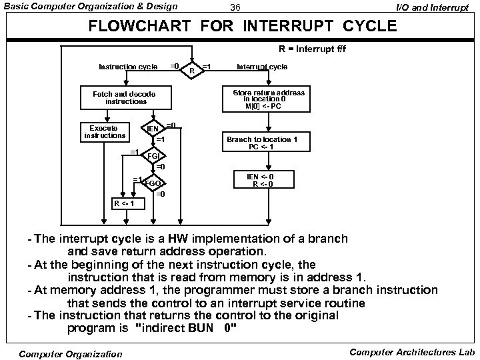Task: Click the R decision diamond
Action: point(192,69)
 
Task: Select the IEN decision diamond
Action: point(153,128)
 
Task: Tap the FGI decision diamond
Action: point(153,156)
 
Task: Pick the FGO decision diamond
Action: point(153,183)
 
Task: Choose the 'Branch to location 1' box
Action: point(262,143)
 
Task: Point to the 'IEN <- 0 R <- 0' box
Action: point(260,180)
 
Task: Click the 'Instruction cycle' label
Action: point(128,67)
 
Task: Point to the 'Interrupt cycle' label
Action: point(263,67)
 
